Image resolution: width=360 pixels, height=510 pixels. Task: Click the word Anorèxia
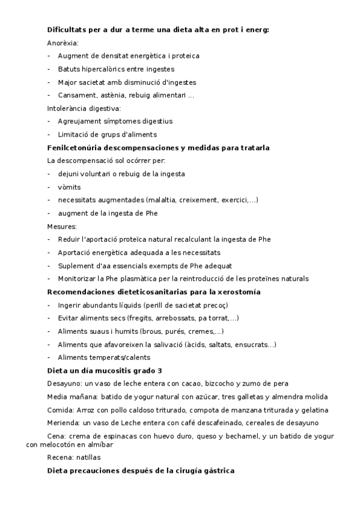[63, 43]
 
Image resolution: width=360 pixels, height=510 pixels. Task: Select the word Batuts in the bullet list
[69, 69]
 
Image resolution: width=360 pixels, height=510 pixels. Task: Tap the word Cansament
[75, 95]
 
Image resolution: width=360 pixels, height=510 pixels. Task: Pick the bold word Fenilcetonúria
[75, 147]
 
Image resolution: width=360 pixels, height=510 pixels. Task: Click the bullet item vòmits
[69, 187]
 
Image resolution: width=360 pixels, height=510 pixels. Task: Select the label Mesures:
[62, 226]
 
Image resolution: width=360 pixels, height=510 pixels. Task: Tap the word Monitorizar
[78, 278]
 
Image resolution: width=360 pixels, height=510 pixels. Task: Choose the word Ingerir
[69, 305]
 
